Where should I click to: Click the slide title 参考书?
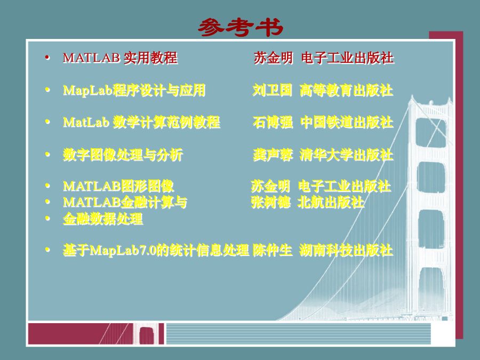point(241,28)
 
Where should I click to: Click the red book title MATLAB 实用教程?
point(120,58)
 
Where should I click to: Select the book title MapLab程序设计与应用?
point(134,90)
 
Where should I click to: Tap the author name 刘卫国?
point(272,90)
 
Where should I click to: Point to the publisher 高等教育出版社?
point(346,90)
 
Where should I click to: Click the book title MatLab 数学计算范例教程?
point(141,122)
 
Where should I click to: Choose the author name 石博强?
point(273,122)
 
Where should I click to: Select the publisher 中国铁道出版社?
point(347,122)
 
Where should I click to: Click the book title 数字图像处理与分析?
point(123,155)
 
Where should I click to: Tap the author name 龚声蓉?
point(273,155)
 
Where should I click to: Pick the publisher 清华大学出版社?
point(346,155)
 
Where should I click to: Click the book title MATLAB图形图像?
point(118,186)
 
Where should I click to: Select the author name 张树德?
point(270,202)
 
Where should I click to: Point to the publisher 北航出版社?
point(331,202)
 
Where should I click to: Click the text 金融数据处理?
point(103,219)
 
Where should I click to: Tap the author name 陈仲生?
point(273,250)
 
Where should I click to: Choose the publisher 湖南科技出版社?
point(346,250)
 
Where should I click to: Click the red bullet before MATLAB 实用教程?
point(47,57)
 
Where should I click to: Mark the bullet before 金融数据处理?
point(47,218)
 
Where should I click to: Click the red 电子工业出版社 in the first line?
point(347,58)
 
